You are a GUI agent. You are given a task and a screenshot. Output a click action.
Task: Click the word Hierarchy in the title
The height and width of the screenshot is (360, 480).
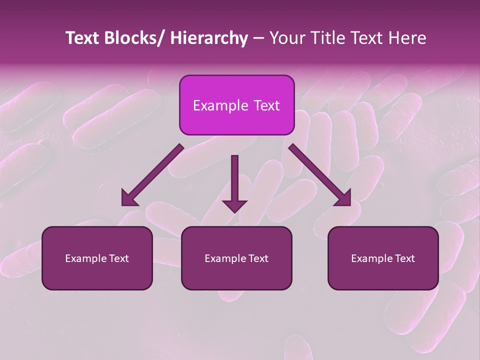209,38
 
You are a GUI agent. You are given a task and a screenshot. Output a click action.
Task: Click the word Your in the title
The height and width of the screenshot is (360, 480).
286,38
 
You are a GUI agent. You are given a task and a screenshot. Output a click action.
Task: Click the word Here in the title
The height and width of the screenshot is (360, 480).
407,38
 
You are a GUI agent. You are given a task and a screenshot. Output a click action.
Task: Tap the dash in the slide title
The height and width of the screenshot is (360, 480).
258,39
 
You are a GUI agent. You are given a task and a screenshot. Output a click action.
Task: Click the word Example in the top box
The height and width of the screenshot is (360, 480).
220,106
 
